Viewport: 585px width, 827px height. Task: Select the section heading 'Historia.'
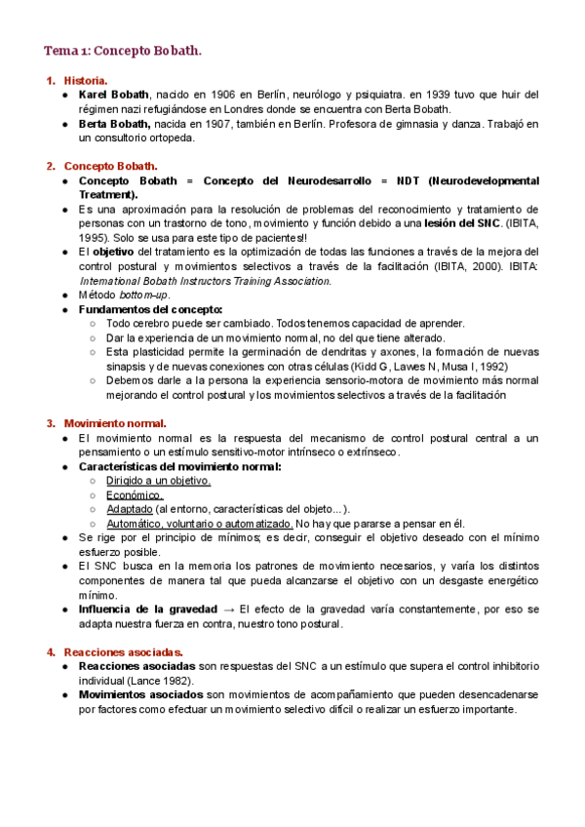click(86, 80)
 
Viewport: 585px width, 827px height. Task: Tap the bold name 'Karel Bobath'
click(114, 95)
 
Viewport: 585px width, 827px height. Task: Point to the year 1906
click(223, 95)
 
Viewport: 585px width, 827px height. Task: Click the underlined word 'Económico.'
click(136, 494)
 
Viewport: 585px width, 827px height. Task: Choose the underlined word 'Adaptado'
click(129, 509)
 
